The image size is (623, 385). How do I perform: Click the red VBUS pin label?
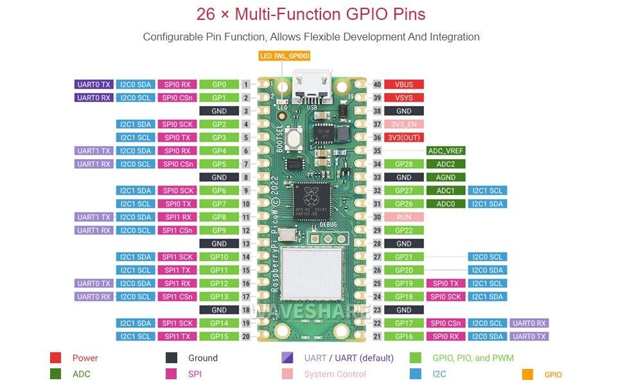(x=404, y=84)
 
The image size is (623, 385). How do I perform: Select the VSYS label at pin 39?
(x=404, y=98)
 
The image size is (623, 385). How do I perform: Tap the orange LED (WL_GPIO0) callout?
(x=284, y=56)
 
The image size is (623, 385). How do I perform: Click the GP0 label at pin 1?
(x=219, y=84)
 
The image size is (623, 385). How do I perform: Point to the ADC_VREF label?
(x=445, y=151)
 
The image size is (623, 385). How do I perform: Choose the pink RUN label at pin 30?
(x=404, y=217)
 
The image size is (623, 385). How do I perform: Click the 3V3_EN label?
(x=404, y=124)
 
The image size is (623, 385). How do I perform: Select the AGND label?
(x=445, y=177)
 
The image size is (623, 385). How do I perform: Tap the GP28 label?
(x=404, y=164)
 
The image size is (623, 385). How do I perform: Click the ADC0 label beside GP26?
(x=445, y=204)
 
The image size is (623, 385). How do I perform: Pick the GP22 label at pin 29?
(x=404, y=230)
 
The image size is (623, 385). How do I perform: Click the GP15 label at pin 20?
(x=219, y=336)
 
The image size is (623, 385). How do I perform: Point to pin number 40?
(x=377, y=84)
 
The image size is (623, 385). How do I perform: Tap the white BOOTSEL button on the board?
(x=295, y=137)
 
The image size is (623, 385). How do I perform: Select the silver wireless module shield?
(x=311, y=274)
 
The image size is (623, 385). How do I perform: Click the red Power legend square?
(x=56, y=358)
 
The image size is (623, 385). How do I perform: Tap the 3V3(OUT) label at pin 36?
(x=404, y=137)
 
